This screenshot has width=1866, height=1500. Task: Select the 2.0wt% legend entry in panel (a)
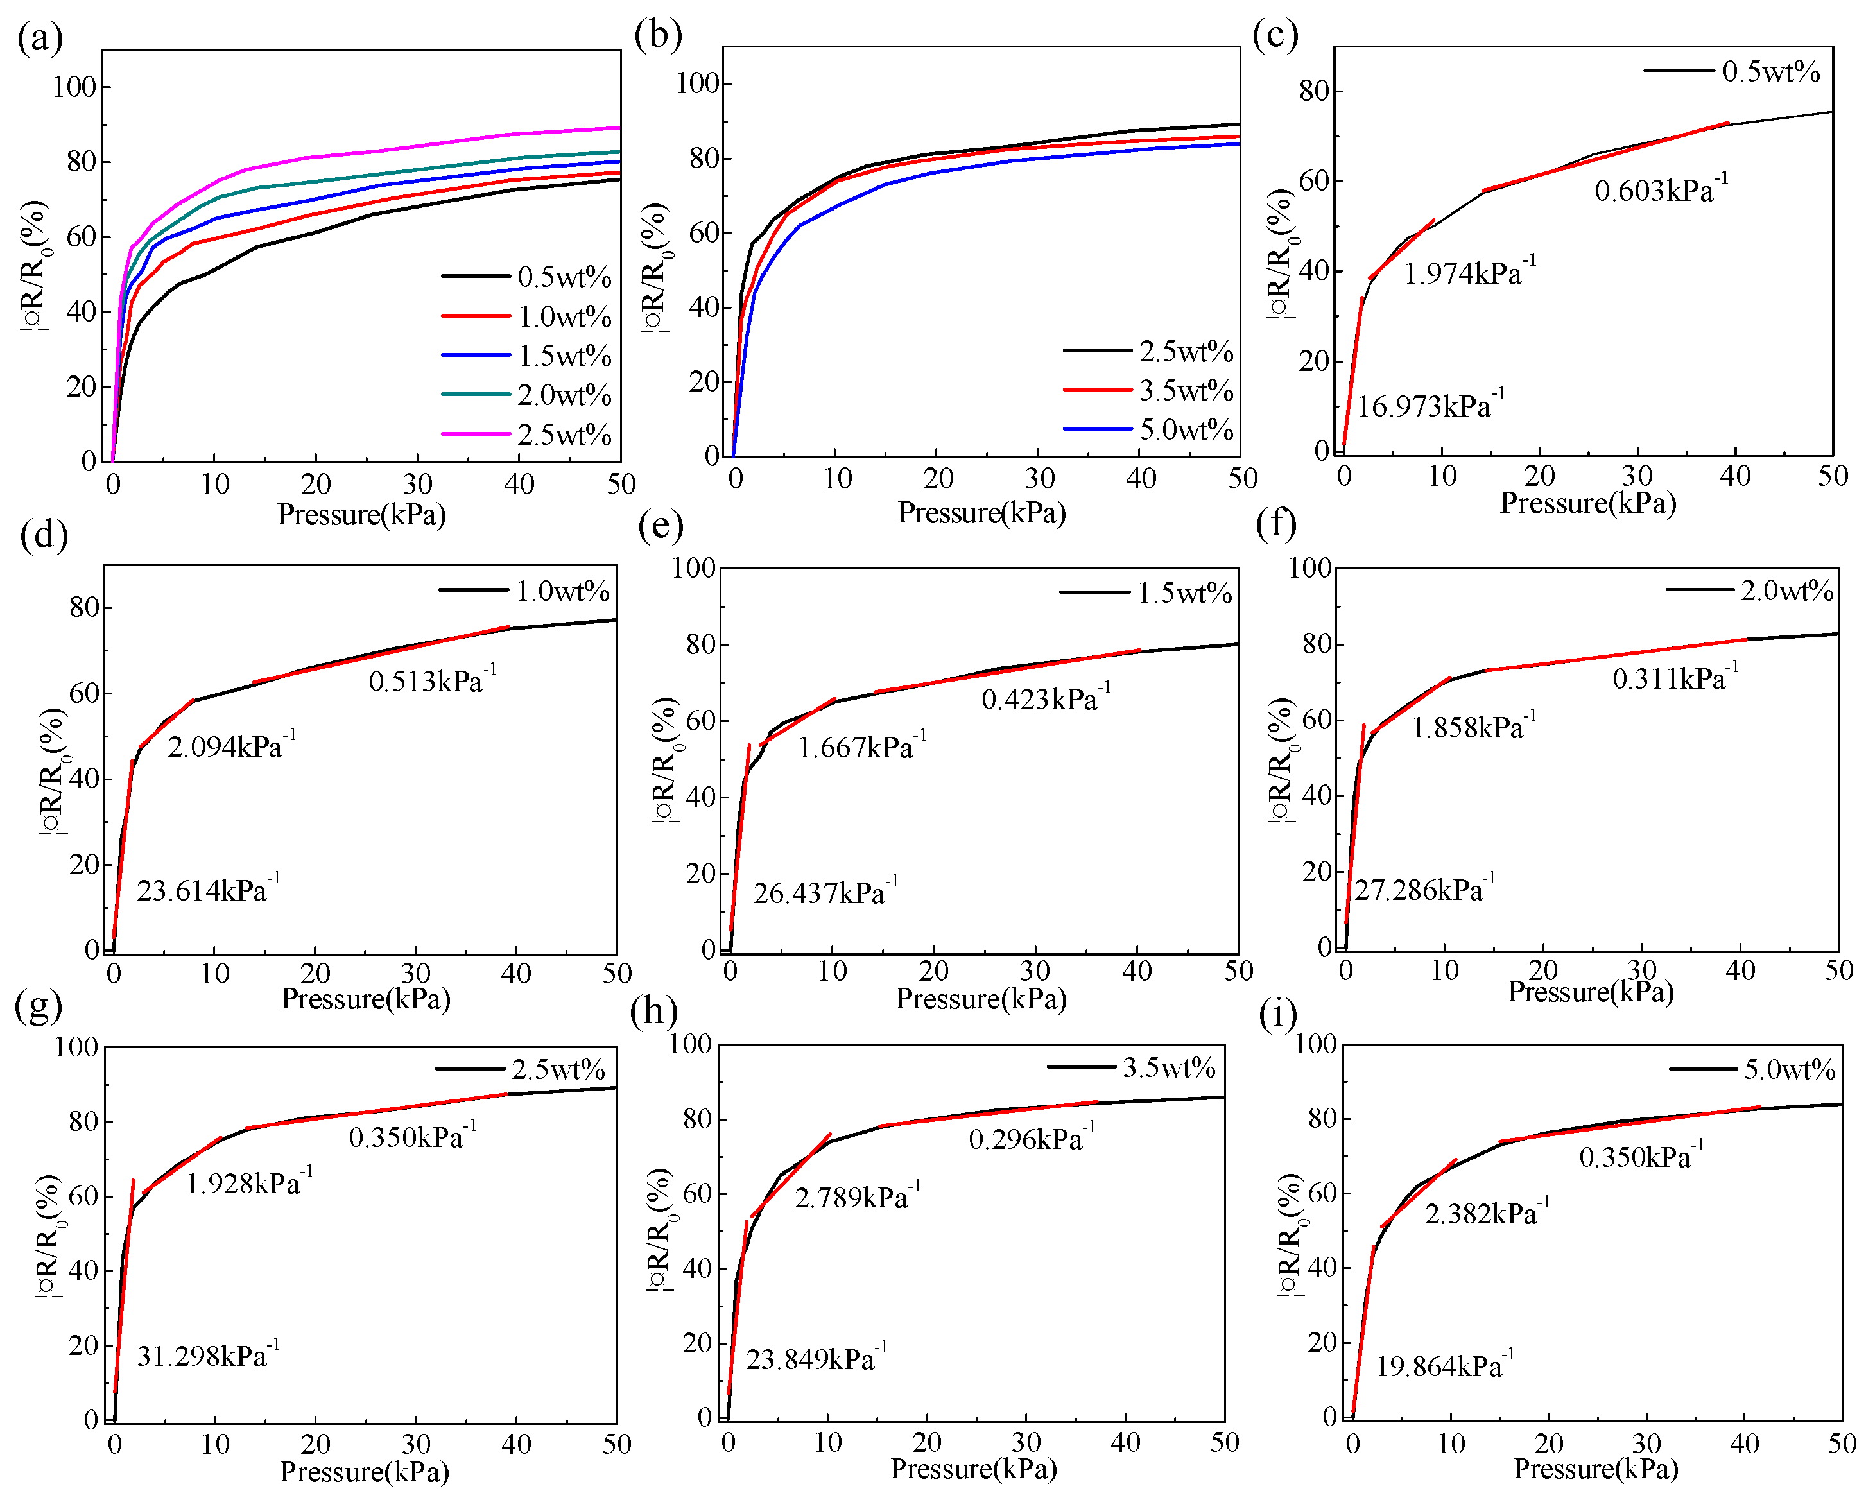click(x=564, y=395)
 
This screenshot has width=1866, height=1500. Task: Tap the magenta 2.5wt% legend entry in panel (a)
click(x=564, y=435)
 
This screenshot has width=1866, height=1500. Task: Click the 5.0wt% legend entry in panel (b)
click(x=1185, y=430)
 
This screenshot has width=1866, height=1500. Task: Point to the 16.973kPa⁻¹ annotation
click(x=1430, y=406)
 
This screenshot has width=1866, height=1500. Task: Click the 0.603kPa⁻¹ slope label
click(x=1660, y=189)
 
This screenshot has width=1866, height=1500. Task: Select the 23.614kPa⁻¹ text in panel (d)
click(x=208, y=890)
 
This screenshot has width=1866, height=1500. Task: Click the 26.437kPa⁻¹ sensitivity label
click(x=825, y=892)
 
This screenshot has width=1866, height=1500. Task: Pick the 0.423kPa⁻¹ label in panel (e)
click(x=1044, y=698)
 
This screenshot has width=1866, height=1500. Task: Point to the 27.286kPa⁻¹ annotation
click(x=1424, y=890)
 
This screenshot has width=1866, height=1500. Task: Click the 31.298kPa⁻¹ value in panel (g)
click(x=208, y=1356)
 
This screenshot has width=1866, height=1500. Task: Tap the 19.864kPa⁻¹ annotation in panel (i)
click(x=1444, y=1366)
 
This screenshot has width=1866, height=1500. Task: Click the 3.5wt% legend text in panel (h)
click(x=1168, y=1068)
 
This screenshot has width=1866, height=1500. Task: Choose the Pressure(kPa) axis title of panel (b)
click(x=981, y=513)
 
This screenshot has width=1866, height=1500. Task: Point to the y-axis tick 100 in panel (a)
click(x=74, y=87)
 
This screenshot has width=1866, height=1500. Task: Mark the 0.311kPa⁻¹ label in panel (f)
click(x=1674, y=678)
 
